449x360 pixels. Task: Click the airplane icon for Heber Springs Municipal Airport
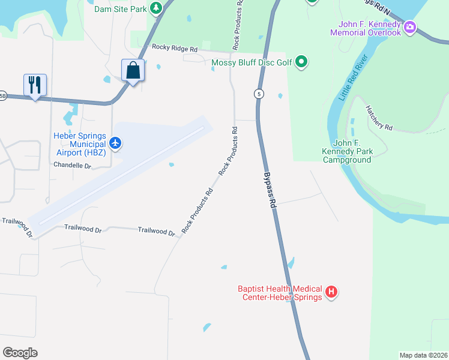(x=116, y=143)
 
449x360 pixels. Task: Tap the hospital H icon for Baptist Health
(x=331, y=293)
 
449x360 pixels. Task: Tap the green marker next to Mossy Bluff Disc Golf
(x=302, y=62)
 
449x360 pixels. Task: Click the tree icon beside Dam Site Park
(x=156, y=8)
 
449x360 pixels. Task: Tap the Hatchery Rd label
(x=379, y=118)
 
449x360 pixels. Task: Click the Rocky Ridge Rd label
(x=175, y=47)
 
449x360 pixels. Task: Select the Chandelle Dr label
(x=73, y=165)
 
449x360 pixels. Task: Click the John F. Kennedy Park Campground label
(x=347, y=151)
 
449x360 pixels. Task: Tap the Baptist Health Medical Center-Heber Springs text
(x=280, y=293)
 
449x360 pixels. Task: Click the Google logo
(x=20, y=352)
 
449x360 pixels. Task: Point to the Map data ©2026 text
(x=423, y=355)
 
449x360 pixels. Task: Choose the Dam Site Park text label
(x=120, y=8)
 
